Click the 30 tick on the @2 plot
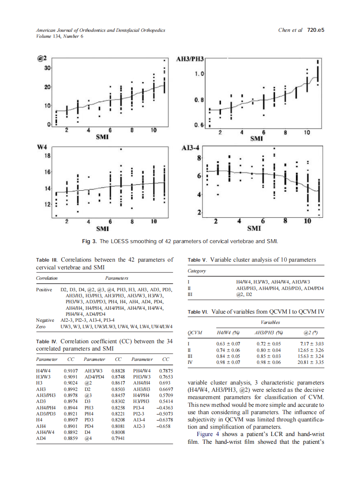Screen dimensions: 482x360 [48, 68]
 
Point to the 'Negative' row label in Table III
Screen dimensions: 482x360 [45, 320]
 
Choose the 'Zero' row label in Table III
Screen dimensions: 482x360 [41, 326]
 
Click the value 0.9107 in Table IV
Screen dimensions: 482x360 [70, 370]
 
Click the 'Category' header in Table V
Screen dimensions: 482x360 [197, 271]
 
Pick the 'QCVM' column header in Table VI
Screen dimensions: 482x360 [195, 332]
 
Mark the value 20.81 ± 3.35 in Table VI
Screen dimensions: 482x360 [310, 363]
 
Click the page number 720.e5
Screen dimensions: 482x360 [315, 31]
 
